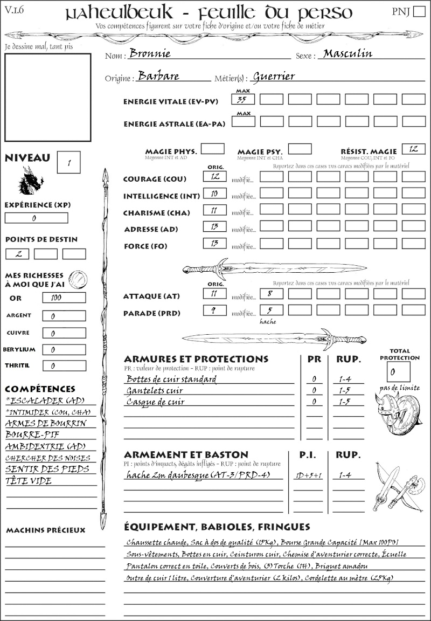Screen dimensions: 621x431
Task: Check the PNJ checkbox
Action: [x=418, y=12]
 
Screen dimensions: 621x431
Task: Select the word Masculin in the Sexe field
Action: [x=347, y=54]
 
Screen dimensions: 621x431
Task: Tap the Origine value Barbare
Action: [x=158, y=76]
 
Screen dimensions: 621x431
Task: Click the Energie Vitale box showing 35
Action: [x=243, y=99]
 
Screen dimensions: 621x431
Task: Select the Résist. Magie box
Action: [x=413, y=149]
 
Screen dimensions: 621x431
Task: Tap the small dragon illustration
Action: [x=30, y=181]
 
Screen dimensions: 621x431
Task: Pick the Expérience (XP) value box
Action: [x=36, y=218]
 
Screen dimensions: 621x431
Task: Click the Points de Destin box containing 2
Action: [x=17, y=254]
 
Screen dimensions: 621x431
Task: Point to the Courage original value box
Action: [x=214, y=176]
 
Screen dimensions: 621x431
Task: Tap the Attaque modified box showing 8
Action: [x=271, y=294]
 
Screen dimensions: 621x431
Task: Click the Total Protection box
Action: [x=398, y=371]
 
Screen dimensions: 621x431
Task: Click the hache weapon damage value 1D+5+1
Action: [x=308, y=475]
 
